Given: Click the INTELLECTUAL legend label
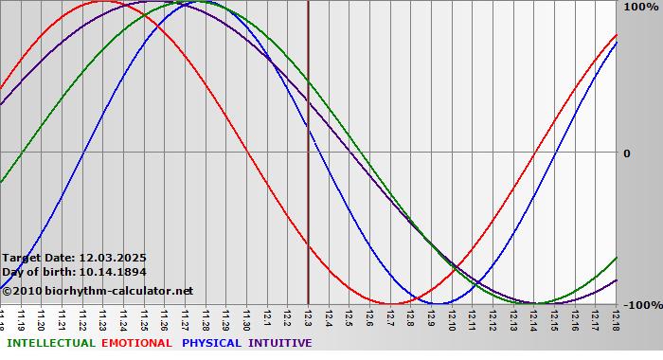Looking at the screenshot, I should pos(50,343).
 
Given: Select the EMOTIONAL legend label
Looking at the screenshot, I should pos(136,343).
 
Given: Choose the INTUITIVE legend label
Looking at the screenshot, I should pos(279,343).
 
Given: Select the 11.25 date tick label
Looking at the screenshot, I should pos(144,318).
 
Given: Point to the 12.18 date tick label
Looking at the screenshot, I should pos(616,318).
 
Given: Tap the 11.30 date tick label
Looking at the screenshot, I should pos(246,318).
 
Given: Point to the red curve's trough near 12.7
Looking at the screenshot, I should pos(390,303).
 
